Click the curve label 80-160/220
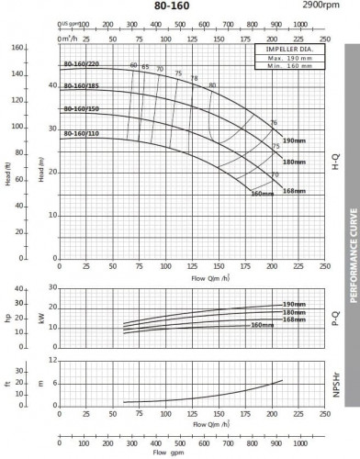click(82, 64)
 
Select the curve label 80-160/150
click(82, 109)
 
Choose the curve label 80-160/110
click(82, 133)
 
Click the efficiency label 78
click(194, 79)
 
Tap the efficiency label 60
click(133, 65)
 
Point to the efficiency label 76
click(274, 123)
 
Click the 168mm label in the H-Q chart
click(294, 190)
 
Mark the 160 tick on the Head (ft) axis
click(17, 47)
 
